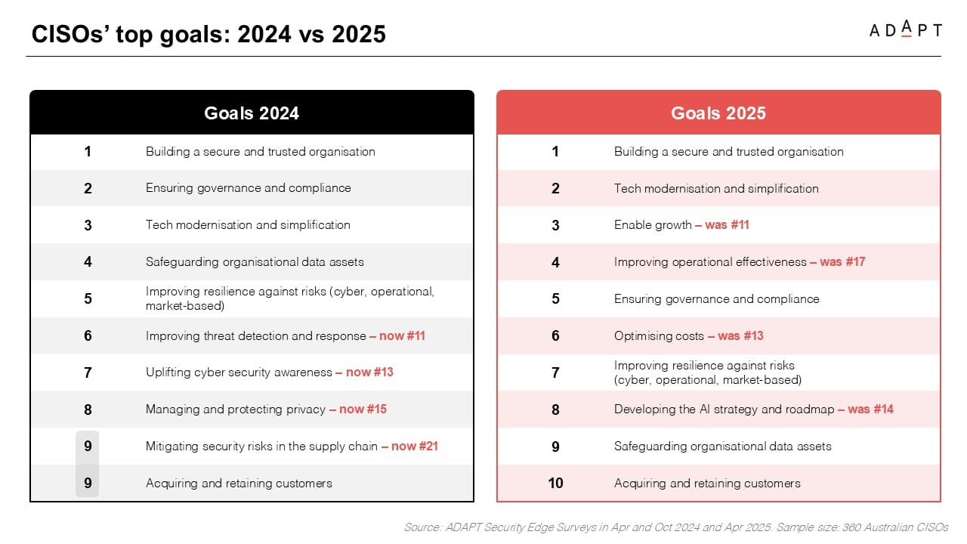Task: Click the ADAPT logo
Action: pyautogui.click(x=905, y=29)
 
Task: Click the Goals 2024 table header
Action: pyautogui.click(x=252, y=113)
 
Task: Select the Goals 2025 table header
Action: pyautogui.click(x=718, y=113)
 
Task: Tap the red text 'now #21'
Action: pyautogui.click(x=415, y=446)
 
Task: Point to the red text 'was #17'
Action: pyautogui.click(x=842, y=261)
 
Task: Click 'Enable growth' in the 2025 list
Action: pyautogui.click(x=653, y=225)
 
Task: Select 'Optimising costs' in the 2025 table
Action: pyautogui.click(x=659, y=336)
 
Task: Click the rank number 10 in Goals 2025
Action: pyautogui.click(x=555, y=483)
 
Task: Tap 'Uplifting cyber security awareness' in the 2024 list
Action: pyautogui.click(x=239, y=372)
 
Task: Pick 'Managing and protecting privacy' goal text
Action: pyautogui.click(x=236, y=410)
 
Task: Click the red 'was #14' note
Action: pyautogui.click(x=870, y=410)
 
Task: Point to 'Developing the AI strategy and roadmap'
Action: pyautogui.click(x=724, y=410)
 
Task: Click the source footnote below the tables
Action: pyautogui.click(x=675, y=527)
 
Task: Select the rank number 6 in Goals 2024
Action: pyautogui.click(x=88, y=335)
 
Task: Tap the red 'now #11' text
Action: pyautogui.click(x=403, y=336)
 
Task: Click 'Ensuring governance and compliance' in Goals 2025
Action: pyautogui.click(x=717, y=298)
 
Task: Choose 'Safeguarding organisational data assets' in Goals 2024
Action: pyautogui.click(x=255, y=262)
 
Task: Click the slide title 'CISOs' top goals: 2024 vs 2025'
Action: pyautogui.click(x=209, y=34)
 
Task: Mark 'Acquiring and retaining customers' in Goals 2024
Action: pyautogui.click(x=239, y=483)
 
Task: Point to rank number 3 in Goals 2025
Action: pyautogui.click(x=555, y=225)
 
